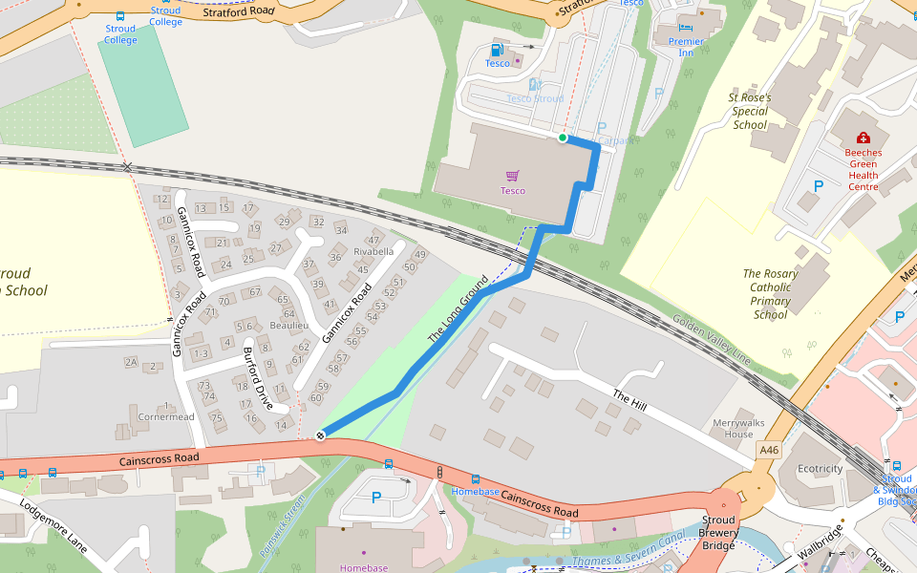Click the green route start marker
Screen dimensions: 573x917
pyautogui.click(x=563, y=138)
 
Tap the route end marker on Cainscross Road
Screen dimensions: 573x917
pyautogui.click(x=321, y=435)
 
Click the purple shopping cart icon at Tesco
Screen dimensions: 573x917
pyautogui.click(x=513, y=176)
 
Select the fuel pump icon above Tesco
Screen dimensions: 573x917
pyautogui.click(x=496, y=50)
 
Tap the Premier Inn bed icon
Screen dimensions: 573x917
pyautogui.click(x=686, y=28)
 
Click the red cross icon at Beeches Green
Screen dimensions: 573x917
pyautogui.click(x=864, y=138)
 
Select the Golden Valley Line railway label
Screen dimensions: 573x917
pyautogui.click(x=712, y=338)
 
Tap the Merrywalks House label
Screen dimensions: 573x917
pyautogui.click(x=733, y=428)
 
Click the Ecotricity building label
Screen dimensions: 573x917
pyautogui.click(x=821, y=469)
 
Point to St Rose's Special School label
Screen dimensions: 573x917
pyautogui.click(x=750, y=111)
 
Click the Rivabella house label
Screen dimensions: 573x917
pyautogui.click(x=373, y=252)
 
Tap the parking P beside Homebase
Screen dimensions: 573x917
pyautogui.click(x=375, y=498)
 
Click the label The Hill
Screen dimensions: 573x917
pyautogui.click(x=630, y=401)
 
